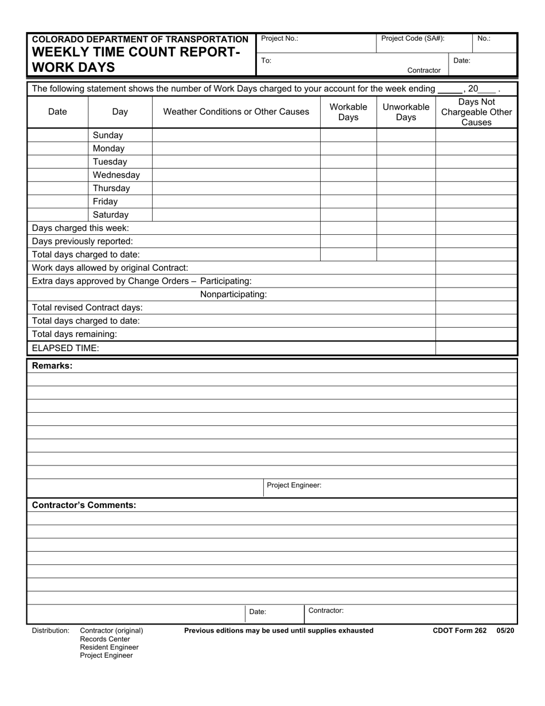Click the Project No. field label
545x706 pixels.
tap(279, 39)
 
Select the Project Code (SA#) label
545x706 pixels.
tap(412, 39)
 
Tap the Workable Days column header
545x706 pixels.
tap(348, 112)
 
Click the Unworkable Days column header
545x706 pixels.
tap(406, 112)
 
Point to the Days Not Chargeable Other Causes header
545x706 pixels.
tap(476, 112)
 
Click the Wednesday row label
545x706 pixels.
tap(116, 175)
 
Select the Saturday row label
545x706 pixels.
tap(111, 215)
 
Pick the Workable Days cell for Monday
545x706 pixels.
tap(348, 149)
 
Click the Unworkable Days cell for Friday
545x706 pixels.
tap(406, 201)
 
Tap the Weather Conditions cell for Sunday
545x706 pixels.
tap(236, 135)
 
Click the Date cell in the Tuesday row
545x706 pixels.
tap(57, 162)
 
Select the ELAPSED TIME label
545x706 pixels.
tap(65, 348)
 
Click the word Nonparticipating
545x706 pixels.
tap(233, 294)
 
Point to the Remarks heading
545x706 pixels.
tap(52, 366)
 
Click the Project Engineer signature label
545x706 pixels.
tap(294, 486)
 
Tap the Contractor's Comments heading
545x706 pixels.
tap(84, 505)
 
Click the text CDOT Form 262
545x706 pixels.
tap(460, 631)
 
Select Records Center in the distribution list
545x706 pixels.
tap(105, 639)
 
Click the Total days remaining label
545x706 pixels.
tap(75, 334)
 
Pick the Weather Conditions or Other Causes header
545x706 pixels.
tap(236, 112)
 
